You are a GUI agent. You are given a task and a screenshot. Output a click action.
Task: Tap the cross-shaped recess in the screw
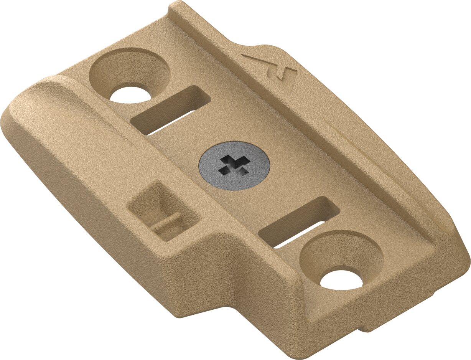coord(234,165)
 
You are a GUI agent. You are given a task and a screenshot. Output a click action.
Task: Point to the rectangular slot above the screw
coord(171,110)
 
